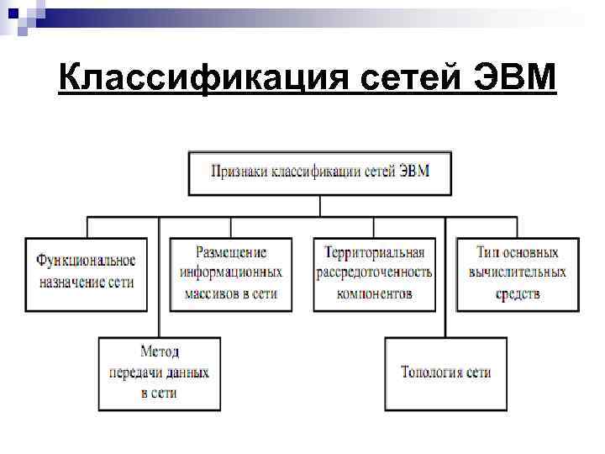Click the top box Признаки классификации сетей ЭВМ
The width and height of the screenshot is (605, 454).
point(319,172)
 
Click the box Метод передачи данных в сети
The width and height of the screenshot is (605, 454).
point(159,372)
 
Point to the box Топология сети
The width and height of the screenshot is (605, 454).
point(446,372)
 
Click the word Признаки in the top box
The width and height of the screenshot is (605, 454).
point(239,172)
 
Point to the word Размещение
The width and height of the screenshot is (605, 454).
point(231,252)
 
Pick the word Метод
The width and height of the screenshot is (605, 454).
point(159,351)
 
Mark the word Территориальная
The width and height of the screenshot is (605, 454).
point(375,252)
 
